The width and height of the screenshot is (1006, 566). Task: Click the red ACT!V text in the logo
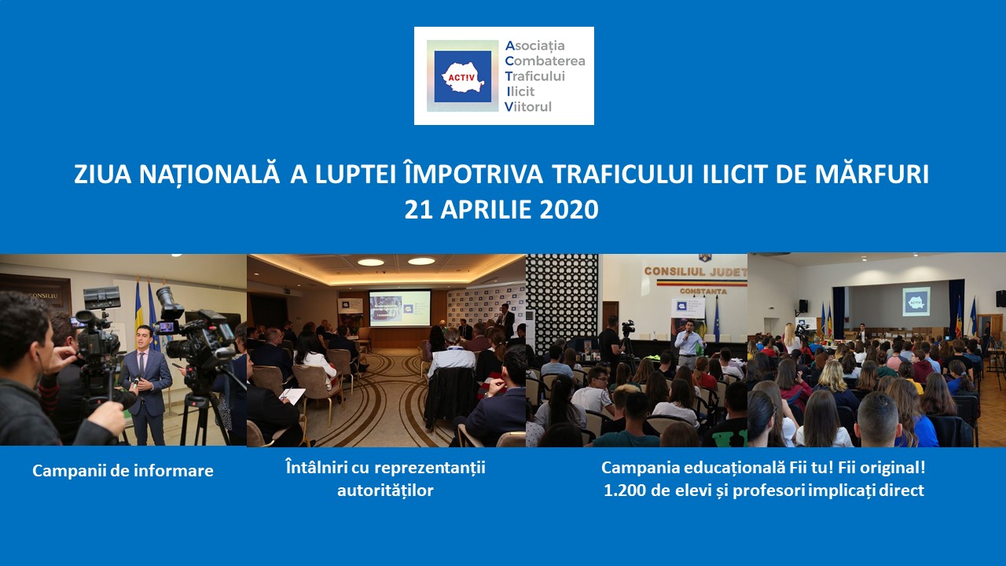tap(461, 78)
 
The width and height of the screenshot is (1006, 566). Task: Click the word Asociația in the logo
tap(535, 46)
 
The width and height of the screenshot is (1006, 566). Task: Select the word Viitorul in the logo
tap(528, 107)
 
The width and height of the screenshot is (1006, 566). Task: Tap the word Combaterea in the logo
tap(545, 61)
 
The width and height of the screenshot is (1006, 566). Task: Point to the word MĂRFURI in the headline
tap(872, 175)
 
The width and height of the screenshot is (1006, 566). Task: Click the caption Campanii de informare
tap(123, 471)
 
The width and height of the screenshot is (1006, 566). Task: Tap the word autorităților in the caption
tap(385, 490)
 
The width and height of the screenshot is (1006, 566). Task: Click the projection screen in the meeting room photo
tap(400, 308)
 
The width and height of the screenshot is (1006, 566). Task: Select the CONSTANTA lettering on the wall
tap(703, 291)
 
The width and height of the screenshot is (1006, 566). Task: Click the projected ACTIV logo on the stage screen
tap(916, 301)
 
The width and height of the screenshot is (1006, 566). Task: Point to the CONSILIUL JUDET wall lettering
tap(696, 272)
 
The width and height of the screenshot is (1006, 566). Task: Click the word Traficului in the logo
tap(535, 76)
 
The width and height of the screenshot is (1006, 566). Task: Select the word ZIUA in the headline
tap(102, 175)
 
